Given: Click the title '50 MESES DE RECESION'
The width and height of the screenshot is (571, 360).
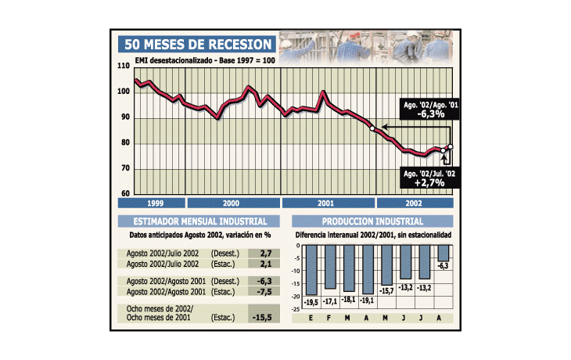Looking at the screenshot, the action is (197, 45).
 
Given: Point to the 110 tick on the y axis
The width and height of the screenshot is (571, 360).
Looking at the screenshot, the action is (124, 66).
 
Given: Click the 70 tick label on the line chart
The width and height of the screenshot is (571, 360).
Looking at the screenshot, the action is (125, 168).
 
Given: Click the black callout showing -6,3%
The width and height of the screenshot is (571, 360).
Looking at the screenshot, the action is (429, 109).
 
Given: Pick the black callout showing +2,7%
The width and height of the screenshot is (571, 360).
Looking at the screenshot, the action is (429, 178).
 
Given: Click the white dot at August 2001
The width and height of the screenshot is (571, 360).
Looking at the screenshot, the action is (372, 128).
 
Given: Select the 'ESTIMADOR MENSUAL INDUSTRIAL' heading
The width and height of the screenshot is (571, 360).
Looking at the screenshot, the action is (199, 221).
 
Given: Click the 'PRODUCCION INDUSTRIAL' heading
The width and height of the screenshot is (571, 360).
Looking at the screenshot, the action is (372, 221).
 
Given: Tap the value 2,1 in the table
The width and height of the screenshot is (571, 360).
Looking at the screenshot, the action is (266, 264).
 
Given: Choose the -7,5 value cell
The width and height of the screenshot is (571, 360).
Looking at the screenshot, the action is (264, 291).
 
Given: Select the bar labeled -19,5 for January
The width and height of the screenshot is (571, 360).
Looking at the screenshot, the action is (311, 270).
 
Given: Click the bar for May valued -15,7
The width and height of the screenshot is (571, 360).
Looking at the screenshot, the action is (386, 265).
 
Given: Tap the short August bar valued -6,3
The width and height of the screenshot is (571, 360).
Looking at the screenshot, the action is (444, 253).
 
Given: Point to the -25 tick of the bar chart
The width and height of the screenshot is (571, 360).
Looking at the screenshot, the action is (296, 309).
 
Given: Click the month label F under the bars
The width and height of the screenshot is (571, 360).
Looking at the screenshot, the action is (329, 318).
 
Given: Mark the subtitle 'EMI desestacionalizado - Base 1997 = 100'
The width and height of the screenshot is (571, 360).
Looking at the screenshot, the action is (205, 60).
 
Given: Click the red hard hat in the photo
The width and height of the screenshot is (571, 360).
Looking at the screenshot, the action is (354, 34).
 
